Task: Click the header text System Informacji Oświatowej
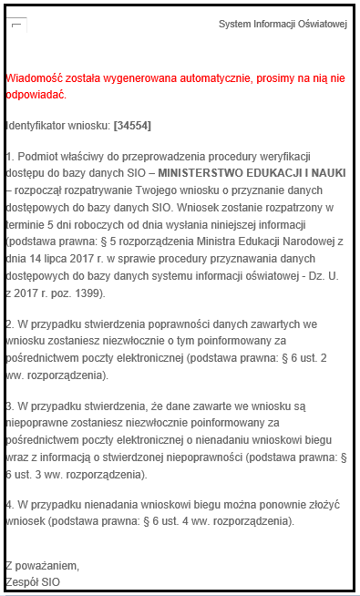(x=283, y=24)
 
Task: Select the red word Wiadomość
(x=34, y=79)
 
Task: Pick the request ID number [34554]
(x=132, y=124)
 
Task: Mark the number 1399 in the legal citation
(x=87, y=293)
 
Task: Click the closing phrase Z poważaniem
(x=42, y=564)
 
